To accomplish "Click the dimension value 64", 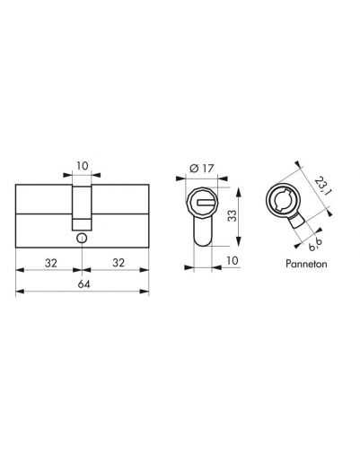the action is tap(83, 284).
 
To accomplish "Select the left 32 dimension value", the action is tap(51, 263).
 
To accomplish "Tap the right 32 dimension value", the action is tap(119, 263).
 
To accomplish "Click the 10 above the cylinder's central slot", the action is tap(83, 166).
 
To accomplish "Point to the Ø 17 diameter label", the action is tap(202, 169).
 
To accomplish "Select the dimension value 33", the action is tap(232, 216).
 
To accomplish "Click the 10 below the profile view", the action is tap(233, 260).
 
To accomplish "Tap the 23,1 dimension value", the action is tap(321, 187).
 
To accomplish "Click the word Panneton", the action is tap(306, 264).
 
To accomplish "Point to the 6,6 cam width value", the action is tap(315, 245).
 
